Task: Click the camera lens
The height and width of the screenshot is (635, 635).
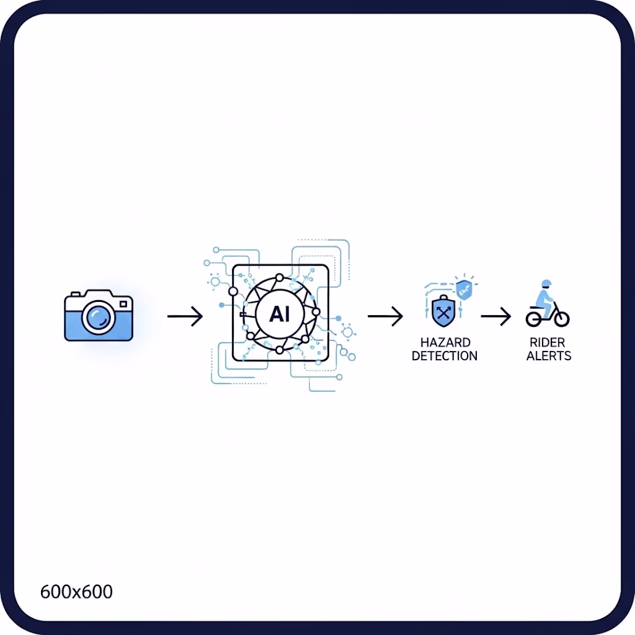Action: pos(98,317)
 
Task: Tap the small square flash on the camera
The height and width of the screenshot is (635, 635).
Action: pos(124,304)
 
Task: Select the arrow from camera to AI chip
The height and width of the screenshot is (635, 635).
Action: pos(185,316)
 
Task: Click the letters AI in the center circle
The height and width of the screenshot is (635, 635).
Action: pos(279,314)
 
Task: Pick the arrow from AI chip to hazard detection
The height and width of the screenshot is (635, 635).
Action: pos(385,316)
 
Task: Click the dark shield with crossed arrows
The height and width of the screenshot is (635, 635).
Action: pos(443,311)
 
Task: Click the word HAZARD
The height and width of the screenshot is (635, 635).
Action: pos(445,342)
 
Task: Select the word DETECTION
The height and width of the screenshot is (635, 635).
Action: pos(444,356)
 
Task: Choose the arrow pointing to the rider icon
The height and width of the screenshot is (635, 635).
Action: pos(496,316)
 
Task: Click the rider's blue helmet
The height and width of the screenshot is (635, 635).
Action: pos(546,283)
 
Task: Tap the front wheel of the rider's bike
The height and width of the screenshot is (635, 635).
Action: pos(562,319)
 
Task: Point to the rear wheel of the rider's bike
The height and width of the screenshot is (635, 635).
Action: pos(533,319)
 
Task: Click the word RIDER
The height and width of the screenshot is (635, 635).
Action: pos(547,342)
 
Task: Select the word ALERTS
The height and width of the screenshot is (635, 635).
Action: pos(549,356)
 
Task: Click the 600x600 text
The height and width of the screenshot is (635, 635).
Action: pos(76,592)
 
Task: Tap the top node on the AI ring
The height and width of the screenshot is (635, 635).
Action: pos(279,278)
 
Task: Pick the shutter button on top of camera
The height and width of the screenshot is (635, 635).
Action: pos(75,294)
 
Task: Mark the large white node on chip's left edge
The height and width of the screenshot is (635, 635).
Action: pos(233,291)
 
